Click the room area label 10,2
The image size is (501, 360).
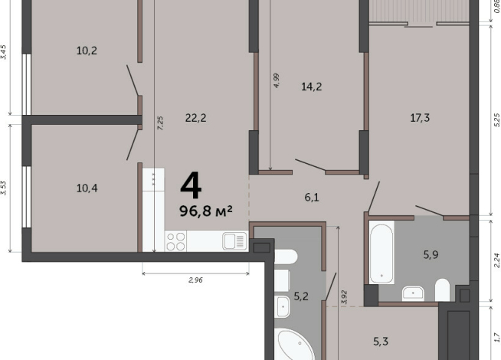coord(87,51)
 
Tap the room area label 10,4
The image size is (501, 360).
coord(87,188)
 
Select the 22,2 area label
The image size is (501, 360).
coord(195,118)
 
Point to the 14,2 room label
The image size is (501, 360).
coord(312,87)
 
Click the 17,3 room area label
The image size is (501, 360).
coord(420,118)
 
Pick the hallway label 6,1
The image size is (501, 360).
coord(312,198)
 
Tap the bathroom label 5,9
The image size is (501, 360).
coord(431,254)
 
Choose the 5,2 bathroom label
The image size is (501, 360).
coord(301,296)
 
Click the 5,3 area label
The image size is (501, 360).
coord(381,342)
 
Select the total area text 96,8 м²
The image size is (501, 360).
coord(206,211)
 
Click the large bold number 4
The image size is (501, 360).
coord(191,185)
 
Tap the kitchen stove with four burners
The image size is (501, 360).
coord(176,241)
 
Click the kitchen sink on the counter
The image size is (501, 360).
coord(235,241)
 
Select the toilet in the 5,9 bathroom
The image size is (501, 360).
coord(443,290)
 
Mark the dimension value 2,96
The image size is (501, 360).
coord(195,280)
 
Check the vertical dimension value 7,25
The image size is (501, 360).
coord(160,123)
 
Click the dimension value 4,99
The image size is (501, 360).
coord(276,80)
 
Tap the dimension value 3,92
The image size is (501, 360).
coord(344,297)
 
